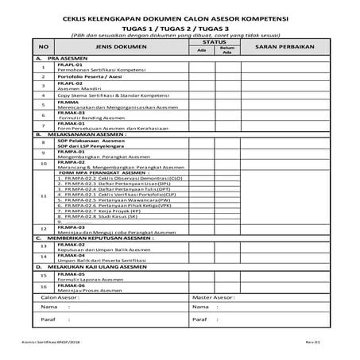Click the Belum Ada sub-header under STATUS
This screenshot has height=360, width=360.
(x=227, y=52)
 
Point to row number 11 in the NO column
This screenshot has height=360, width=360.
(x=44, y=195)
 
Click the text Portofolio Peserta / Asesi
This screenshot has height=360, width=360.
(x=85, y=76)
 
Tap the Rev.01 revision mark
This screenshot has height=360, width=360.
(x=314, y=339)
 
